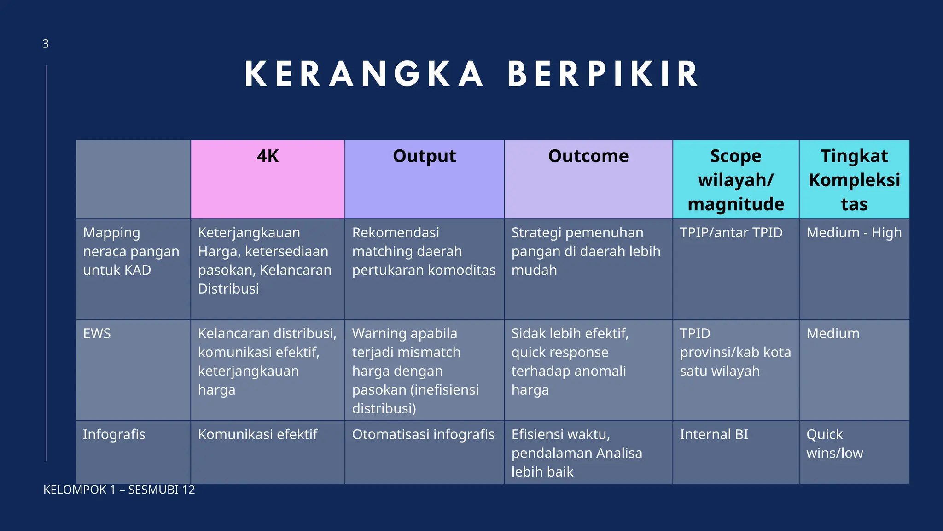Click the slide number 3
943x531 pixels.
[x=45, y=44]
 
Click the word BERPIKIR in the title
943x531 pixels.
[x=603, y=74]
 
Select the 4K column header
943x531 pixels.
[x=268, y=156]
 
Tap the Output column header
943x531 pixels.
[x=424, y=156]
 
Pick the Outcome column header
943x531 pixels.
[x=588, y=156]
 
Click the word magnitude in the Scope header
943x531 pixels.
[x=736, y=204]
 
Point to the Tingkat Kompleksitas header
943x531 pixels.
[x=854, y=180]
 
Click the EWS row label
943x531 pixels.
[x=97, y=333]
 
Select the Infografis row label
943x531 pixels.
[x=114, y=434]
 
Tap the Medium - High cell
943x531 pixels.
[x=854, y=233]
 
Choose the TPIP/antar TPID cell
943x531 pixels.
[x=731, y=233]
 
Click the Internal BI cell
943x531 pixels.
[x=714, y=434]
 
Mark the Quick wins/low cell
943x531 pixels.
[x=834, y=443]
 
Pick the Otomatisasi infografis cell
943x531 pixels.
[x=423, y=434]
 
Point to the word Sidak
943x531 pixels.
[x=528, y=333]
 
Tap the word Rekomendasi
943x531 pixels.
[x=396, y=233]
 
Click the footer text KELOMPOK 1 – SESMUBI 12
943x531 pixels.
[x=119, y=490]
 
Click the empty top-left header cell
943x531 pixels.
[x=133, y=179]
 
